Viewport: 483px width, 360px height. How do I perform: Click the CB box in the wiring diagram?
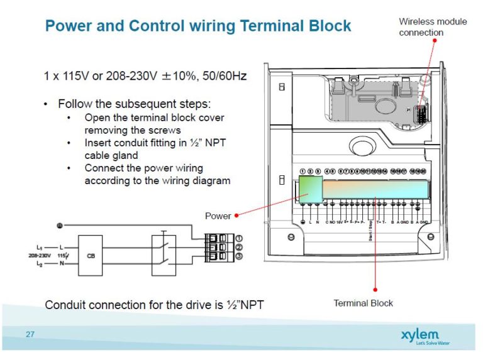92,256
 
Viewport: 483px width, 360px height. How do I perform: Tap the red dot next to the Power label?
236,215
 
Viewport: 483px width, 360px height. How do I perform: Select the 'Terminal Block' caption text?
363,303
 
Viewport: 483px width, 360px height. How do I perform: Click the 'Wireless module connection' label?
433,27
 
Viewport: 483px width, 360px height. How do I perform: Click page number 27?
30,334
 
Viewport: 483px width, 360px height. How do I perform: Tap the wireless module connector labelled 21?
423,112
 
